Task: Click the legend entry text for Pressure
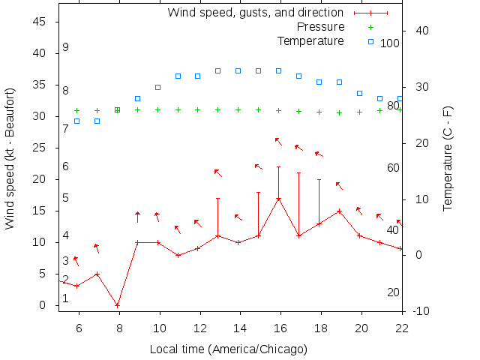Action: [x=321, y=27]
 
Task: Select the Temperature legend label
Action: [x=310, y=40]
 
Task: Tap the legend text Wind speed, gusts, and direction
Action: [x=255, y=13]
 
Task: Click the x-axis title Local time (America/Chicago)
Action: [x=229, y=349]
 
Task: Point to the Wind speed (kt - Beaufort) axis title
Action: [x=10, y=158]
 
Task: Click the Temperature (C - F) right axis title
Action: [x=448, y=158]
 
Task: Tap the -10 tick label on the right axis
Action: [x=421, y=310]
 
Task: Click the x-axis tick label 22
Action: [x=402, y=327]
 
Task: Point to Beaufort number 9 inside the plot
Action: [x=66, y=47]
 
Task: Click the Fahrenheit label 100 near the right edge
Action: [x=390, y=43]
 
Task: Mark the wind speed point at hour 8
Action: [x=117, y=305]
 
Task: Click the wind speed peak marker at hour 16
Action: [x=279, y=199]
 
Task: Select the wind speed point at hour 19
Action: [x=339, y=211]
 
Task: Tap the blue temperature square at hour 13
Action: [x=218, y=70]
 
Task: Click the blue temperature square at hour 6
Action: [x=76, y=121]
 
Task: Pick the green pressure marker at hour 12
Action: [x=198, y=109]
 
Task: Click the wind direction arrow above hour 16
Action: [x=278, y=141]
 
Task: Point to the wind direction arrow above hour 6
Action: [x=76, y=261]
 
